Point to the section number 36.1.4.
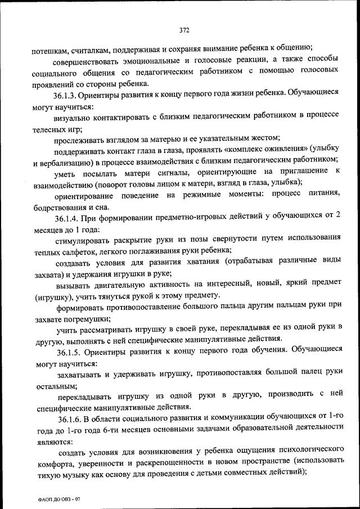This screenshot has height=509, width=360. [x=69, y=218]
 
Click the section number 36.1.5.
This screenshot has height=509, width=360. [x=70, y=349]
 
